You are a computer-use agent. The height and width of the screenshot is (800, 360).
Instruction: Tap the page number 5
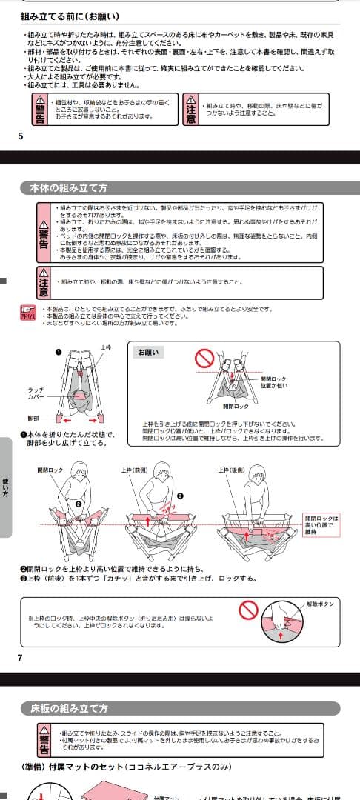pyautogui.click(x=20, y=136)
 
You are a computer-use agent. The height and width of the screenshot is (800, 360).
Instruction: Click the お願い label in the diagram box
pyautogui.click(x=148, y=353)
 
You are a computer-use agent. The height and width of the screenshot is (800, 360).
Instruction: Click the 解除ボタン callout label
pyautogui.click(x=320, y=604)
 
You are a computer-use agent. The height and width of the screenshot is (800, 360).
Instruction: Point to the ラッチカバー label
pyautogui.click(x=36, y=393)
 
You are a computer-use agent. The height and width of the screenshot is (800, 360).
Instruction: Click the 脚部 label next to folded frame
pyautogui.click(x=33, y=418)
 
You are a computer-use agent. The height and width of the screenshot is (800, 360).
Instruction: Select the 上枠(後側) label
pyautogui.click(x=232, y=470)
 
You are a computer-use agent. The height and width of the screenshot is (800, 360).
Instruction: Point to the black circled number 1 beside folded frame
pyautogui.click(x=58, y=351)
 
